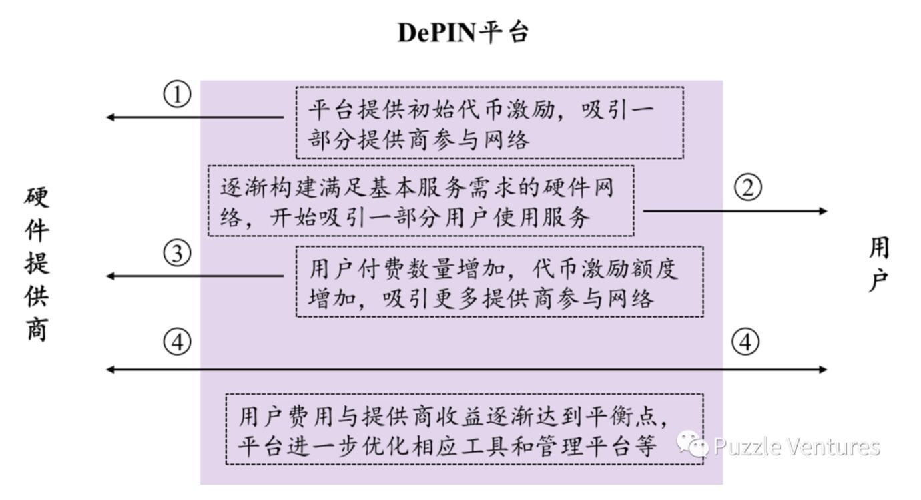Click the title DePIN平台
[x=463, y=32]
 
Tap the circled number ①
[x=177, y=95]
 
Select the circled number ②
[x=748, y=188]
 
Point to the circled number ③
[x=177, y=254]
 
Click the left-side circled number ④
[x=177, y=343]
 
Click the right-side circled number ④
[x=745, y=343]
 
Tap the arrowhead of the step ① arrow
[x=111, y=117]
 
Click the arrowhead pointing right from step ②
[x=822, y=211]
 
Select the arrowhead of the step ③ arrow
[x=111, y=276]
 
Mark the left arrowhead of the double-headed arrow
[x=111, y=369]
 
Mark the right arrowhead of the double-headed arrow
[x=822, y=369]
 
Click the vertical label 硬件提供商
[x=37, y=263]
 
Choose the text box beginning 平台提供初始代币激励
[x=489, y=122]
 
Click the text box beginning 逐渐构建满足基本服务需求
[x=420, y=201]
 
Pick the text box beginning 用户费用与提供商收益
[x=464, y=429]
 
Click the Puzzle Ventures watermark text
[x=796, y=446]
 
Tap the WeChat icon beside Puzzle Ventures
[x=693, y=445]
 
